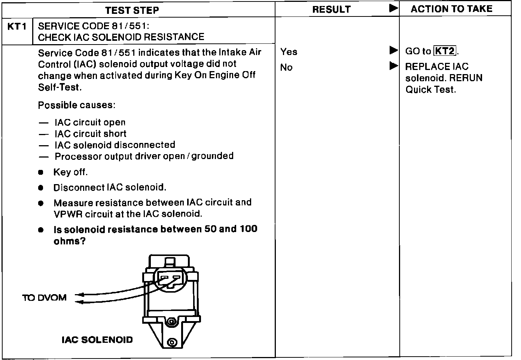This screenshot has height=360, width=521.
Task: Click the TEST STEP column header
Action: pyautogui.click(x=132, y=10)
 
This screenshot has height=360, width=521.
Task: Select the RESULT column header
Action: pyautogui.click(x=331, y=10)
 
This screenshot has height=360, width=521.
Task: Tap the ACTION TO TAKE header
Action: pyautogui.click(x=451, y=9)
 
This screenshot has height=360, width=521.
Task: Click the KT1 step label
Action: pyautogui.click(x=17, y=27)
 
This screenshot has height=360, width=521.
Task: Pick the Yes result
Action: pyautogui.click(x=289, y=52)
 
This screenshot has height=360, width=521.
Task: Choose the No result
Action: pyautogui.click(x=286, y=67)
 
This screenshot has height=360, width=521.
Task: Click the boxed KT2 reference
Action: pyautogui.click(x=445, y=51)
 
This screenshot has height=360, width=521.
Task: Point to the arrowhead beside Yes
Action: pyautogui.click(x=393, y=50)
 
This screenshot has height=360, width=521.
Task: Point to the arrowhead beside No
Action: pyautogui.click(x=393, y=66)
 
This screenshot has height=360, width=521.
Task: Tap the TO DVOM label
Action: pyautogui.click(x=44, y=298)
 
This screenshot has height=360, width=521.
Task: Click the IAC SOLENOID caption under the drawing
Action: pyautogui.click(x=97, y=340)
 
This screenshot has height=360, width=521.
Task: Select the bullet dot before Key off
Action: pyautogui.click(x=41, y=173)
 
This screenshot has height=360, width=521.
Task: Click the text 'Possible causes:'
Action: pyautogui.click(x=76, y=105)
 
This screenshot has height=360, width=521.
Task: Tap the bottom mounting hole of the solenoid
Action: pyautogui.click(x=172, y=342)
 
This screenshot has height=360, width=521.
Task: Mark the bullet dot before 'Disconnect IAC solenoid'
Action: pyautogui.click(x=41, y=188)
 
